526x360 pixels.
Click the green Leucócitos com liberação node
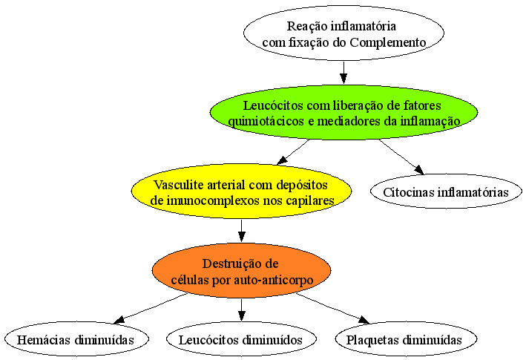tap(343, 112)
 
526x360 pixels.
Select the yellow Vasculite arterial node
tap(241, 192)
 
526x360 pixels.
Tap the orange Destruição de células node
tap(241, 270)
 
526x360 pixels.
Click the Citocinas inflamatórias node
tap(446, 192)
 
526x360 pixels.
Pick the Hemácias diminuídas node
tap(76, 339)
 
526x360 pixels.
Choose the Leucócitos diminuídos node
tap(241, 339)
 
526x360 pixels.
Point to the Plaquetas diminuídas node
tap(405, 339)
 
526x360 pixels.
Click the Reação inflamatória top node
tap(343, 33)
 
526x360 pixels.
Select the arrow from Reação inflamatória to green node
tap(343, 73)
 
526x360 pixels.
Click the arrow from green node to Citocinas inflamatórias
tap(401, 157)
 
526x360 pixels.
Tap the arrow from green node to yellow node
tap(293, 152)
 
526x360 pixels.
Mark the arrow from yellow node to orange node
tap(241, 231)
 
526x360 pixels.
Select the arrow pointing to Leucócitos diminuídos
tap(241, 310)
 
